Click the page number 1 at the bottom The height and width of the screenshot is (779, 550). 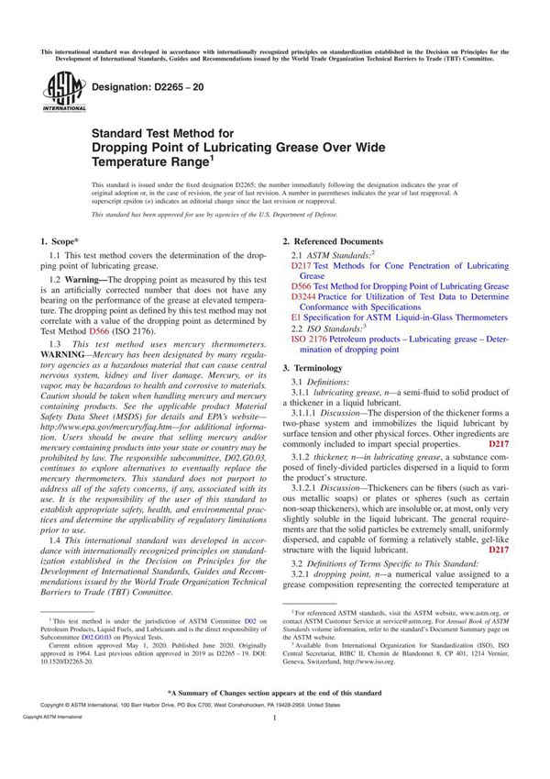[x=275, y=745]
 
